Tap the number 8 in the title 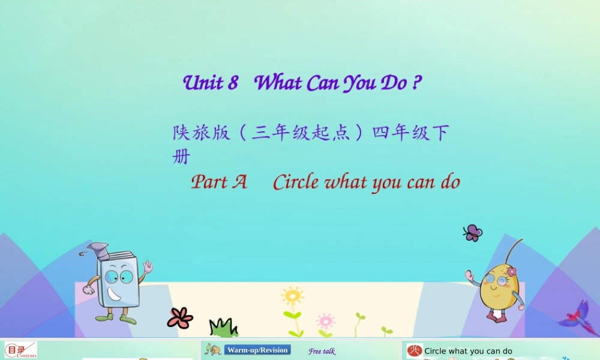tap(233, 83)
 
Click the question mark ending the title tap(416, 83)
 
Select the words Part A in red tap(219, 182)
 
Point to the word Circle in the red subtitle tap(295, 182)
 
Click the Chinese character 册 tap(181, 157)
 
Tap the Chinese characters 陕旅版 tap(202, 133)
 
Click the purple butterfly tap(473, 232)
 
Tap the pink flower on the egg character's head tap(511, 272)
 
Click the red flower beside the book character tap(180, 317)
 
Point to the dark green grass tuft tap(223, 328)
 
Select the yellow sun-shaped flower tap(292, 296)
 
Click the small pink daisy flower tap(325, 320)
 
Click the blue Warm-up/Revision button tap(257, 350)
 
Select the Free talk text tap(322, 352)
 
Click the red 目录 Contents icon tap(21, 350)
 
